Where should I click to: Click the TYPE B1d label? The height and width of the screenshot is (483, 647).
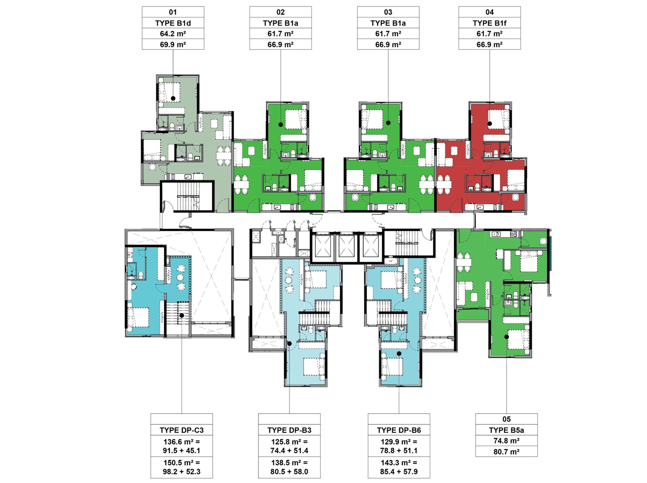(x=173, y=23)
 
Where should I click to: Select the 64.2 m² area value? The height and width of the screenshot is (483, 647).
(x=173, y=34)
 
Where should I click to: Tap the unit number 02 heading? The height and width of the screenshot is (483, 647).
(x=280, y=12)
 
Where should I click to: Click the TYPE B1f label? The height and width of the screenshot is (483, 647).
(x=489, y=23)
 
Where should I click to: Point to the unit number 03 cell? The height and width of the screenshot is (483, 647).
(x=388, y=12)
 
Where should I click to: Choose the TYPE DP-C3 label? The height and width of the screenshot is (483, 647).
(x=182, y=430)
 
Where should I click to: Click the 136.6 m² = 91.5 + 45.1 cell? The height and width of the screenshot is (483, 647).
(x=182, y=446)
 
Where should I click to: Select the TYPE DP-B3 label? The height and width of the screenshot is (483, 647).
(x=289, y=430)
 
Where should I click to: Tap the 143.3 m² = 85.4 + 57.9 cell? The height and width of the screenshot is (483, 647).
(x=399, y=467)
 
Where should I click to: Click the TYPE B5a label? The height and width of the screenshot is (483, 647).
(x=506, y=430)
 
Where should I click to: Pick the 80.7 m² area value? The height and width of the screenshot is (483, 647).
(x=506, y=451)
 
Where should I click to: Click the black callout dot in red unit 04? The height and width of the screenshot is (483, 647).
(x=490, y=124)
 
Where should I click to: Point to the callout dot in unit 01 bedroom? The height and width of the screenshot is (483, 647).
(x=173, y=98)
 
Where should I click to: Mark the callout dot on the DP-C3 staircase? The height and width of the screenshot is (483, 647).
(x=182, y=316)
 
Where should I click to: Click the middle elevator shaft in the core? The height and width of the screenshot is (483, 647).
(x=347, y=246)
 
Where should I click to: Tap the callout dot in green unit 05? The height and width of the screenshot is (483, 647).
(x=506, y=337)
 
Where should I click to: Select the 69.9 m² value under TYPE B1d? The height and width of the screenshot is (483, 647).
(x=173, y=44)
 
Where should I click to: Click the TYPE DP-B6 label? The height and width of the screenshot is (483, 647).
(x=399, y=430)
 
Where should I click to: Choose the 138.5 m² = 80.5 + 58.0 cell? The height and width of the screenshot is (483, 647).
(x=289, y=467)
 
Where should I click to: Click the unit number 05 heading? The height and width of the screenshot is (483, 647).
(x=506, y=419)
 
